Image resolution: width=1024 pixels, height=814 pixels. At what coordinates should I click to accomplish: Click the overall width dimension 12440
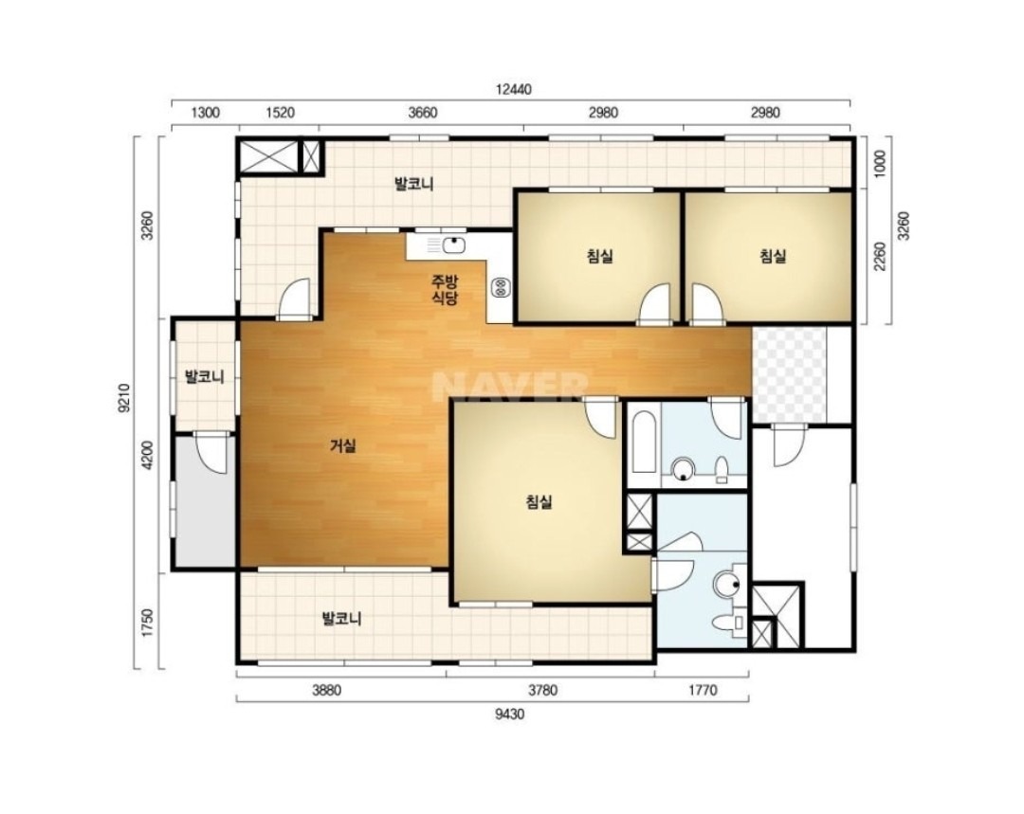[513, 90]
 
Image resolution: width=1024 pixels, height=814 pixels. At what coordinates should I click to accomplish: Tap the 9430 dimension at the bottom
[509, 715]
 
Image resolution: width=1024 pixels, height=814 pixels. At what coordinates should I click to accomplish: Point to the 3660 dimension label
[422, 113]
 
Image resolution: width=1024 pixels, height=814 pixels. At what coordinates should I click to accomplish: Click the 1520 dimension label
[280, 113]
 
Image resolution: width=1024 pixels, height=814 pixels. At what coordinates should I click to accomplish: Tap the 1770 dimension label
[702, 690]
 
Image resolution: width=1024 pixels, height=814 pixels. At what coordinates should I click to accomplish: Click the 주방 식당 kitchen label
[445, 291]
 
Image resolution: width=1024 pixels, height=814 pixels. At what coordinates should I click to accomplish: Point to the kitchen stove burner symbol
[502, 286]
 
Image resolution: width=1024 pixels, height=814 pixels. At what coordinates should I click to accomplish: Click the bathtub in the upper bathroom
[645, 442]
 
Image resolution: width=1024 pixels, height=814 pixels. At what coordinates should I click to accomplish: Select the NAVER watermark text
[510, 387]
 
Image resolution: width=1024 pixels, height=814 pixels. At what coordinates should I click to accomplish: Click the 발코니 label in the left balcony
[205, 376]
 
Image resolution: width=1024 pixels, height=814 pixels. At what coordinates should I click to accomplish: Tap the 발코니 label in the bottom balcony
[342, 618]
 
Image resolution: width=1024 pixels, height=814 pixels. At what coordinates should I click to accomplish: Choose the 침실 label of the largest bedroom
[539, 502]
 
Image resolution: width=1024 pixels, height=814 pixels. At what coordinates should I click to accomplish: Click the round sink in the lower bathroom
[726, 584]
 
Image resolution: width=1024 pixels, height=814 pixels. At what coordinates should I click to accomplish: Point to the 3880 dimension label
[326, 690]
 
